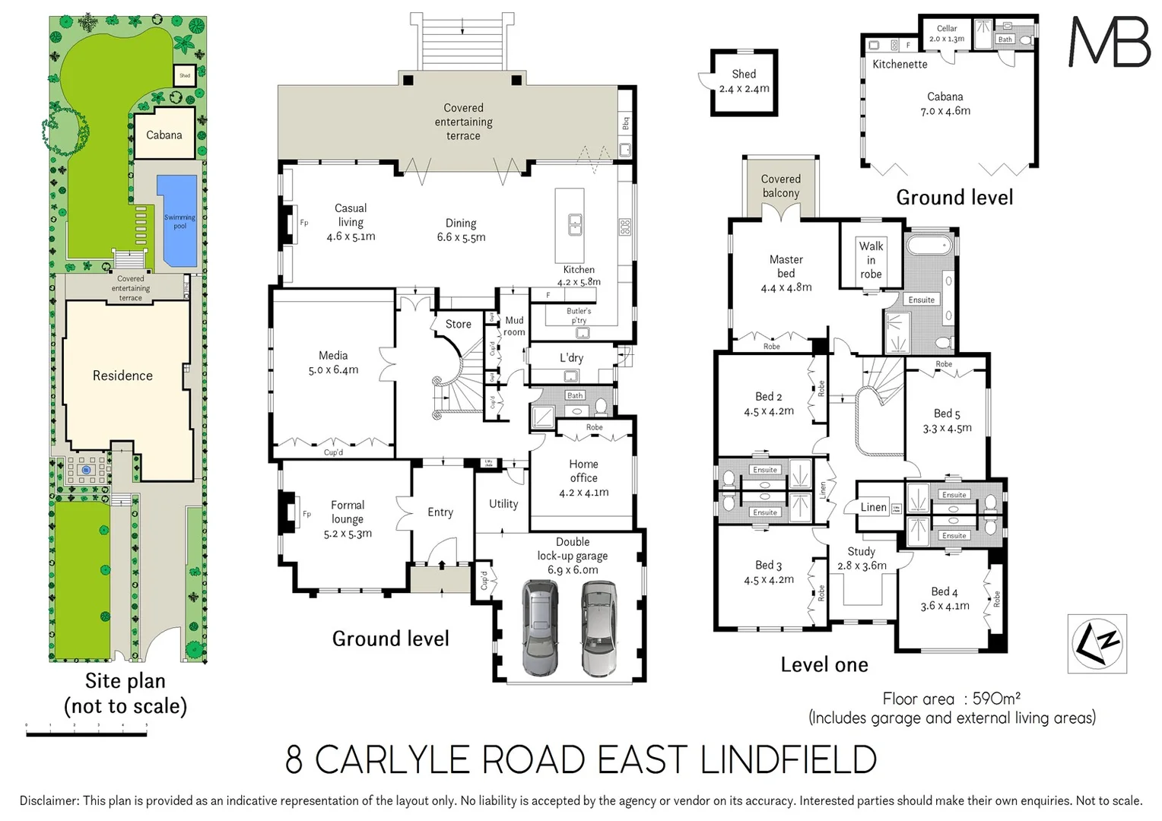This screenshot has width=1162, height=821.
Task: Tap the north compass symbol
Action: [x=1097, y=643]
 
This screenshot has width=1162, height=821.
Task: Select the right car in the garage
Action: [x=599, y=628]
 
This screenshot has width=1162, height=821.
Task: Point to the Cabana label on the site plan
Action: [x=164, y=135]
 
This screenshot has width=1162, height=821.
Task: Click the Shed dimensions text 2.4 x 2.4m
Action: [x=744, y=89]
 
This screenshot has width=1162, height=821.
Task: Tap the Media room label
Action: [x=333, y=356]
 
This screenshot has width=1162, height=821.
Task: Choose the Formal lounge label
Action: [x=348, y=512]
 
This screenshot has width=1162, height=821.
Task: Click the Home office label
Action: [x=583, y=471]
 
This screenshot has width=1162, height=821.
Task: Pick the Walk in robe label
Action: [x=871, y=260]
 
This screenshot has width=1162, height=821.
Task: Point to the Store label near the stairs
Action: [x=459, y=324]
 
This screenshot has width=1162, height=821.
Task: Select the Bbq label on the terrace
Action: [x=626, y=124]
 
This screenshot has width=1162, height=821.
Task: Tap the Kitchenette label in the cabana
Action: [x=900, y=65]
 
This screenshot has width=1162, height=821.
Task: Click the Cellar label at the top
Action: [x=947, y=28]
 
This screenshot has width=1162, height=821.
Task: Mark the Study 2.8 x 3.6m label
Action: [x=862, y=559]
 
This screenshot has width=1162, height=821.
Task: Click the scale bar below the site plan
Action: [x=87, y=734]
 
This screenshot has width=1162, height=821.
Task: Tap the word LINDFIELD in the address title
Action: [x=788, y=760]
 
